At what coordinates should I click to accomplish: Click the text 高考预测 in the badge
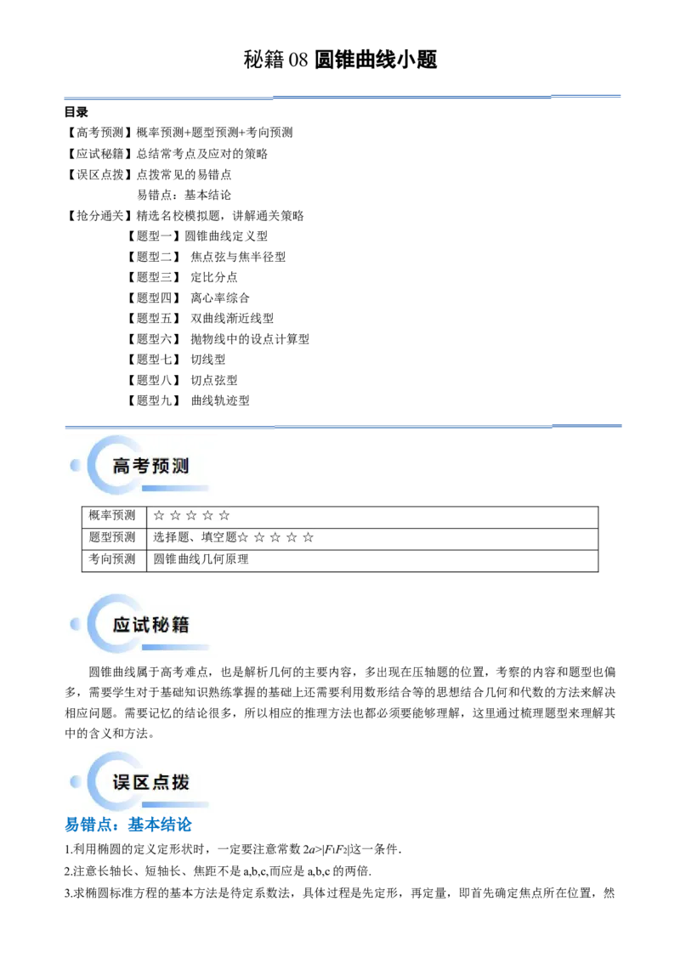[150, 466]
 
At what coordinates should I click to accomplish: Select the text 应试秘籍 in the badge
[150, 625]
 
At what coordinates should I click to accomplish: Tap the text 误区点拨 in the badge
[150, 782]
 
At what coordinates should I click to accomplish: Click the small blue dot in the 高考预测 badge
[76, 465]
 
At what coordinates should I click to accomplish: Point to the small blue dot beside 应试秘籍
[76, 624]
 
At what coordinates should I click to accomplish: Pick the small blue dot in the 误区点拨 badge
[76, 781]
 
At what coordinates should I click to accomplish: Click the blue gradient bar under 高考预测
[175, 488]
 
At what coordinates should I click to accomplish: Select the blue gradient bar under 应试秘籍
[175, 647]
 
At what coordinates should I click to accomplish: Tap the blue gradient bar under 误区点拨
[175, 804]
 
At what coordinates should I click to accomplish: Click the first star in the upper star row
[159, 515]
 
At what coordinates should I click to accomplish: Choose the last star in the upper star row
[224, 515]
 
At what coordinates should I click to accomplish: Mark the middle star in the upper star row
[191, 515]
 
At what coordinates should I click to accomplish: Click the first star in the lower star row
[243, 537]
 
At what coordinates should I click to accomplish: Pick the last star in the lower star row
[309, 537]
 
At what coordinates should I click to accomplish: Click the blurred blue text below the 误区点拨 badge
[129, 825]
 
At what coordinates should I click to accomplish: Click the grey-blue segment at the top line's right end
[587, 92]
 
